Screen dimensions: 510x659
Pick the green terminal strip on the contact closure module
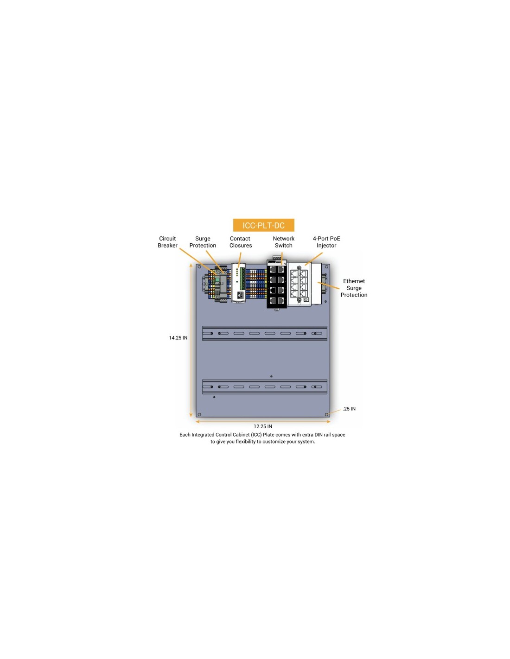pos(242,278)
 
